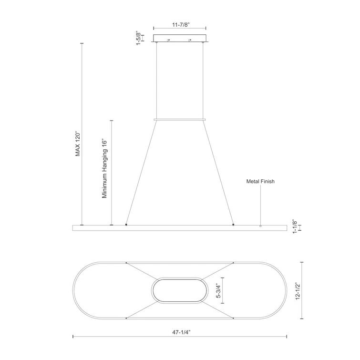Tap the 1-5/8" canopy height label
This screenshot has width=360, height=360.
coord(138,39)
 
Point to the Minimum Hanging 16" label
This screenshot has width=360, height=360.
coord(105,169)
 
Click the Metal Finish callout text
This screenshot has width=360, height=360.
coord(260,181)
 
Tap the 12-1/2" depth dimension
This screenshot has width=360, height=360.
coord(298,290)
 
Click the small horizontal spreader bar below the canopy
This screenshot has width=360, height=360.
coord(180,119)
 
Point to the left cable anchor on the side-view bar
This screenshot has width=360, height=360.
coord(126,224)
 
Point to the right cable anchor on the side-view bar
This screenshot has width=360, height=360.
coord(233,224)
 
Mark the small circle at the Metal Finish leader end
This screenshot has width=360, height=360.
coord(260,226)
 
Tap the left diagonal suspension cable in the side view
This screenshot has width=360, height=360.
coord(141,172)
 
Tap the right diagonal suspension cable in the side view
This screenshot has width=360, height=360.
coord(218,172)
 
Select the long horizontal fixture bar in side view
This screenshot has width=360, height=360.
coord(179,228)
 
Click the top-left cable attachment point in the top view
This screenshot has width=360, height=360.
coord(126,263)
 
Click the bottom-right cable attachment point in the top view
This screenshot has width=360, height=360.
coord(233,317)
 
